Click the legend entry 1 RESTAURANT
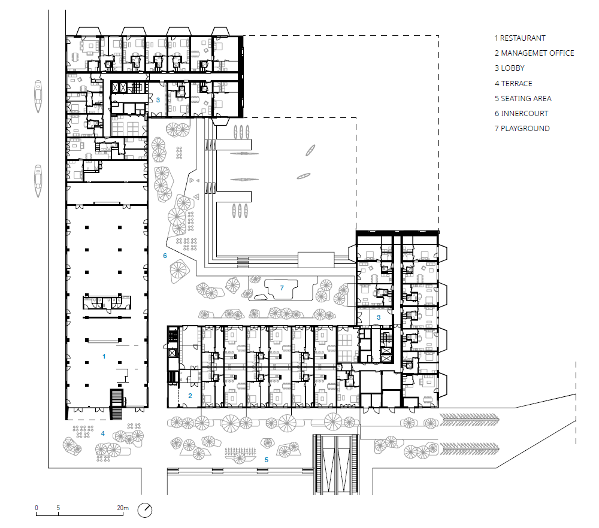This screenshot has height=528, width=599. click(520, 38)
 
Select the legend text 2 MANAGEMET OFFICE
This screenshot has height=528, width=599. click(534, 53)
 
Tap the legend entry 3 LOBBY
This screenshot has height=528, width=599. click(510, 68)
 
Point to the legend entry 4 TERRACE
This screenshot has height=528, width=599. click(513, 83)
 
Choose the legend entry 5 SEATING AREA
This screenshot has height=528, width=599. click(523, 99)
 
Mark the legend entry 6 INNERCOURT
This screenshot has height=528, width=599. click(522, 113)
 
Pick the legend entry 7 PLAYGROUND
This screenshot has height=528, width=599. click(522, 129)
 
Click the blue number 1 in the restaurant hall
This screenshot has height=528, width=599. click(104, 356)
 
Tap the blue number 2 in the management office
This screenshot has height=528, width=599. click(190, 396)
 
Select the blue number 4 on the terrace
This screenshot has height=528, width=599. click(103, 433)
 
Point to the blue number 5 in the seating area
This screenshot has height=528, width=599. click(267, 460)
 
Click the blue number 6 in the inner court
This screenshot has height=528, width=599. click(165, 256)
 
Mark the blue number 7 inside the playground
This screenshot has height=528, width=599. click(282, 288)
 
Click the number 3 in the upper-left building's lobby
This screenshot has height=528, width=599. click(158, 100)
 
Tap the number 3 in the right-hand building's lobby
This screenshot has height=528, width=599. click(379, 317)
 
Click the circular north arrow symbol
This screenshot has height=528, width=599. click(145, 510)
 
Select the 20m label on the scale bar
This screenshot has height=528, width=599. click(123, 508)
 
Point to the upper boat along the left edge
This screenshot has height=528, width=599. click(38, 96)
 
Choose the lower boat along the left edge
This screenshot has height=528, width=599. click(38, 181)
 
